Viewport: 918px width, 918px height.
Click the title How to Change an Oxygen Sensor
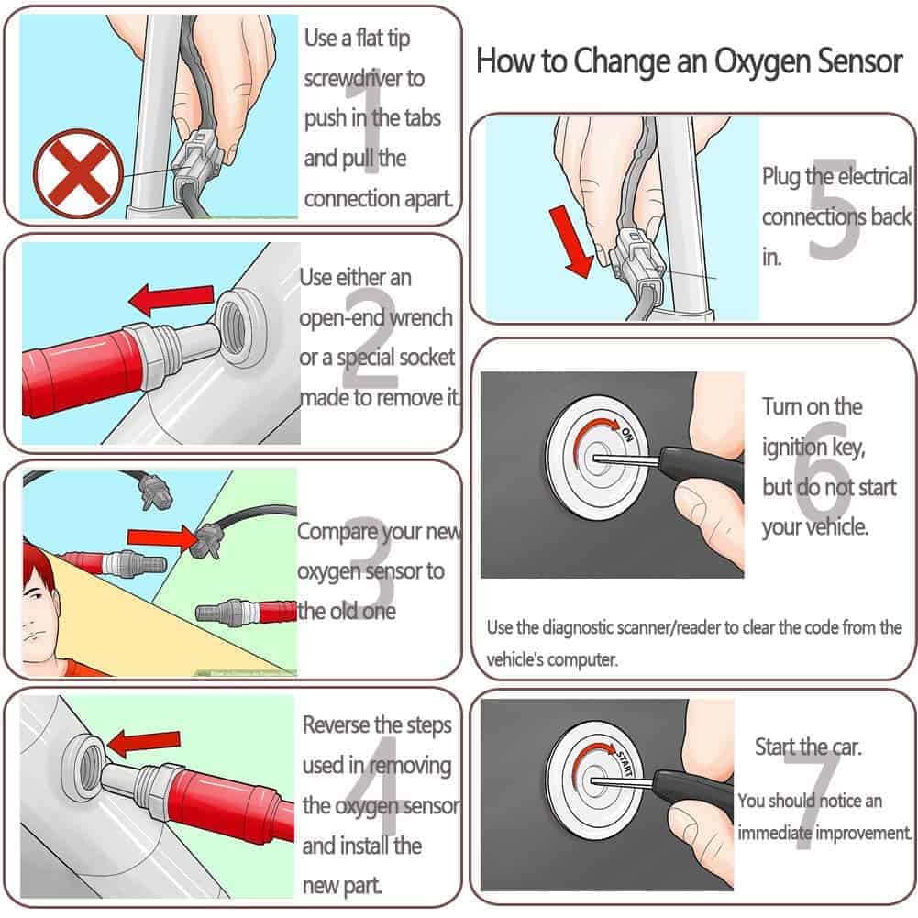tap(690, 61)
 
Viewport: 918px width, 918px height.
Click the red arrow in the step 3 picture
tap(161, 536)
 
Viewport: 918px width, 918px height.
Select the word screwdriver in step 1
tap(364, 78)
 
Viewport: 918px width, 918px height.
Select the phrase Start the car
tap(808, 747)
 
